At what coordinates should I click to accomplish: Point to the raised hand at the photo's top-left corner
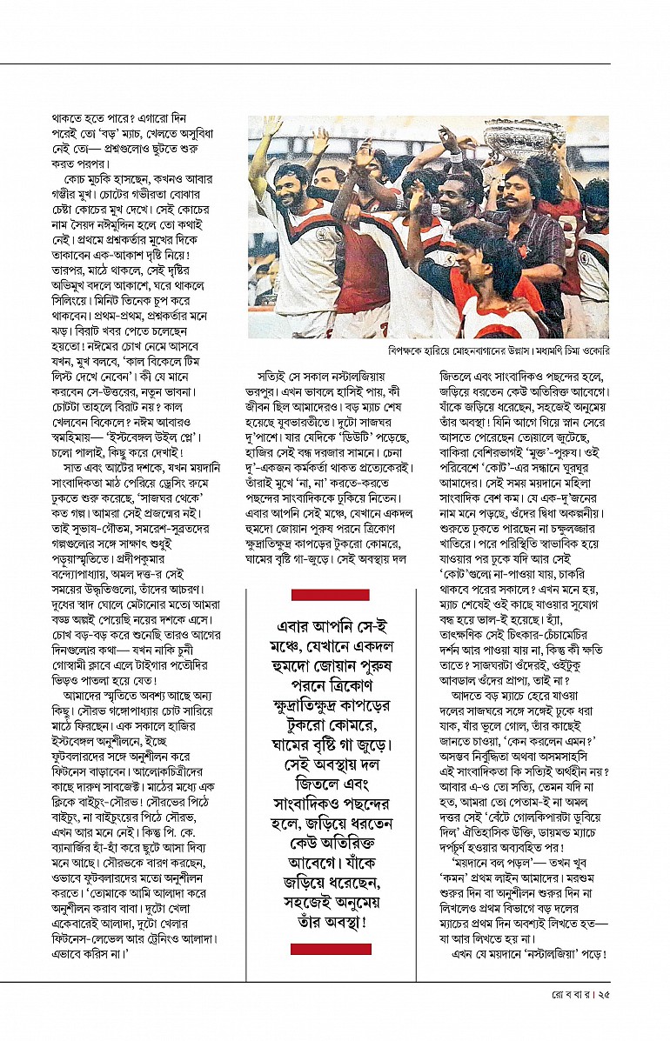(272, 127)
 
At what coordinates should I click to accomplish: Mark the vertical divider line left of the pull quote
(246, 765)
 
